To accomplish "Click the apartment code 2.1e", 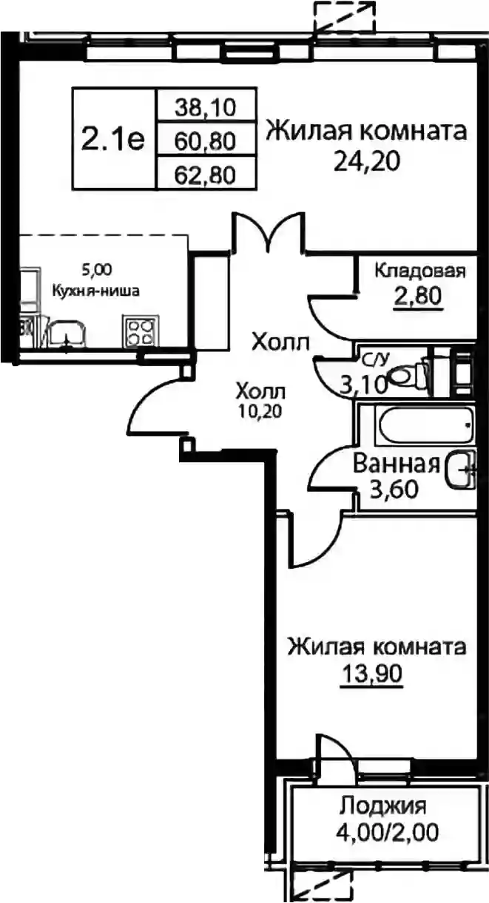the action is click(112, 140).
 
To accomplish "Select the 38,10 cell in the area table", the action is click(205, 108).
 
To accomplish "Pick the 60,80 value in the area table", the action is click(205, 141).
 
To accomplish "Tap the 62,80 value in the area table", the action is click(205, 175).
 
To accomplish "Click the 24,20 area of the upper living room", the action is click(366, 162).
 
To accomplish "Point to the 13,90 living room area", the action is click(371, 673).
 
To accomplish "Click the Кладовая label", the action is click(420, 271).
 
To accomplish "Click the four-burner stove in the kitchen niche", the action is click(140, 331).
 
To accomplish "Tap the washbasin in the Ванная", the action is click(460, 470).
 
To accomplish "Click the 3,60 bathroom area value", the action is click(394, 490).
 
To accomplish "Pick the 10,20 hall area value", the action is click(260, 411).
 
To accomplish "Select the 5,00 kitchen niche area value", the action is click(97, 270).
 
